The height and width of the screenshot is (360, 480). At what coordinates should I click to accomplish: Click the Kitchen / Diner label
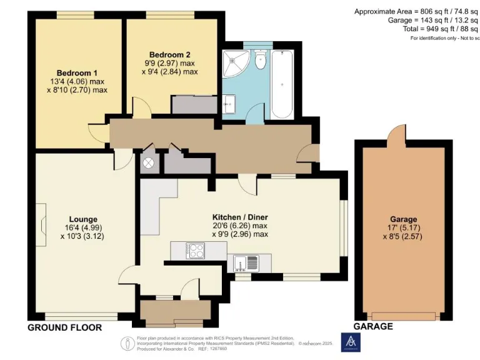pos(239,217)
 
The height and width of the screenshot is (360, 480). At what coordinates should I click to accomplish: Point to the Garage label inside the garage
pos(403,219)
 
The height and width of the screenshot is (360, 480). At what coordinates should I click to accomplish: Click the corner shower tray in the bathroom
pos(238,63)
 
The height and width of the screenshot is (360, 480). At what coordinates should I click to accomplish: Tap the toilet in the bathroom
pos(261,60)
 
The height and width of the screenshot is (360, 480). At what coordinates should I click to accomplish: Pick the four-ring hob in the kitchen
pos(196,251)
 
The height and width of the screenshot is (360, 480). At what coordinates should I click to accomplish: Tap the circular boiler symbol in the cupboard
pos(149,163)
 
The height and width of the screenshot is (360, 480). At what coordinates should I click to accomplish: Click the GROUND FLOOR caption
pos(64,327)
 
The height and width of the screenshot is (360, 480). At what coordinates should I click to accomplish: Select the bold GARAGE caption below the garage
pos(373,326)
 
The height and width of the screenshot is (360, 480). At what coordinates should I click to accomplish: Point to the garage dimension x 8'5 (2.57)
pos(403,237)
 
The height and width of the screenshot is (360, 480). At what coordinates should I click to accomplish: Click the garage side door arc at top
pos(396,132)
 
